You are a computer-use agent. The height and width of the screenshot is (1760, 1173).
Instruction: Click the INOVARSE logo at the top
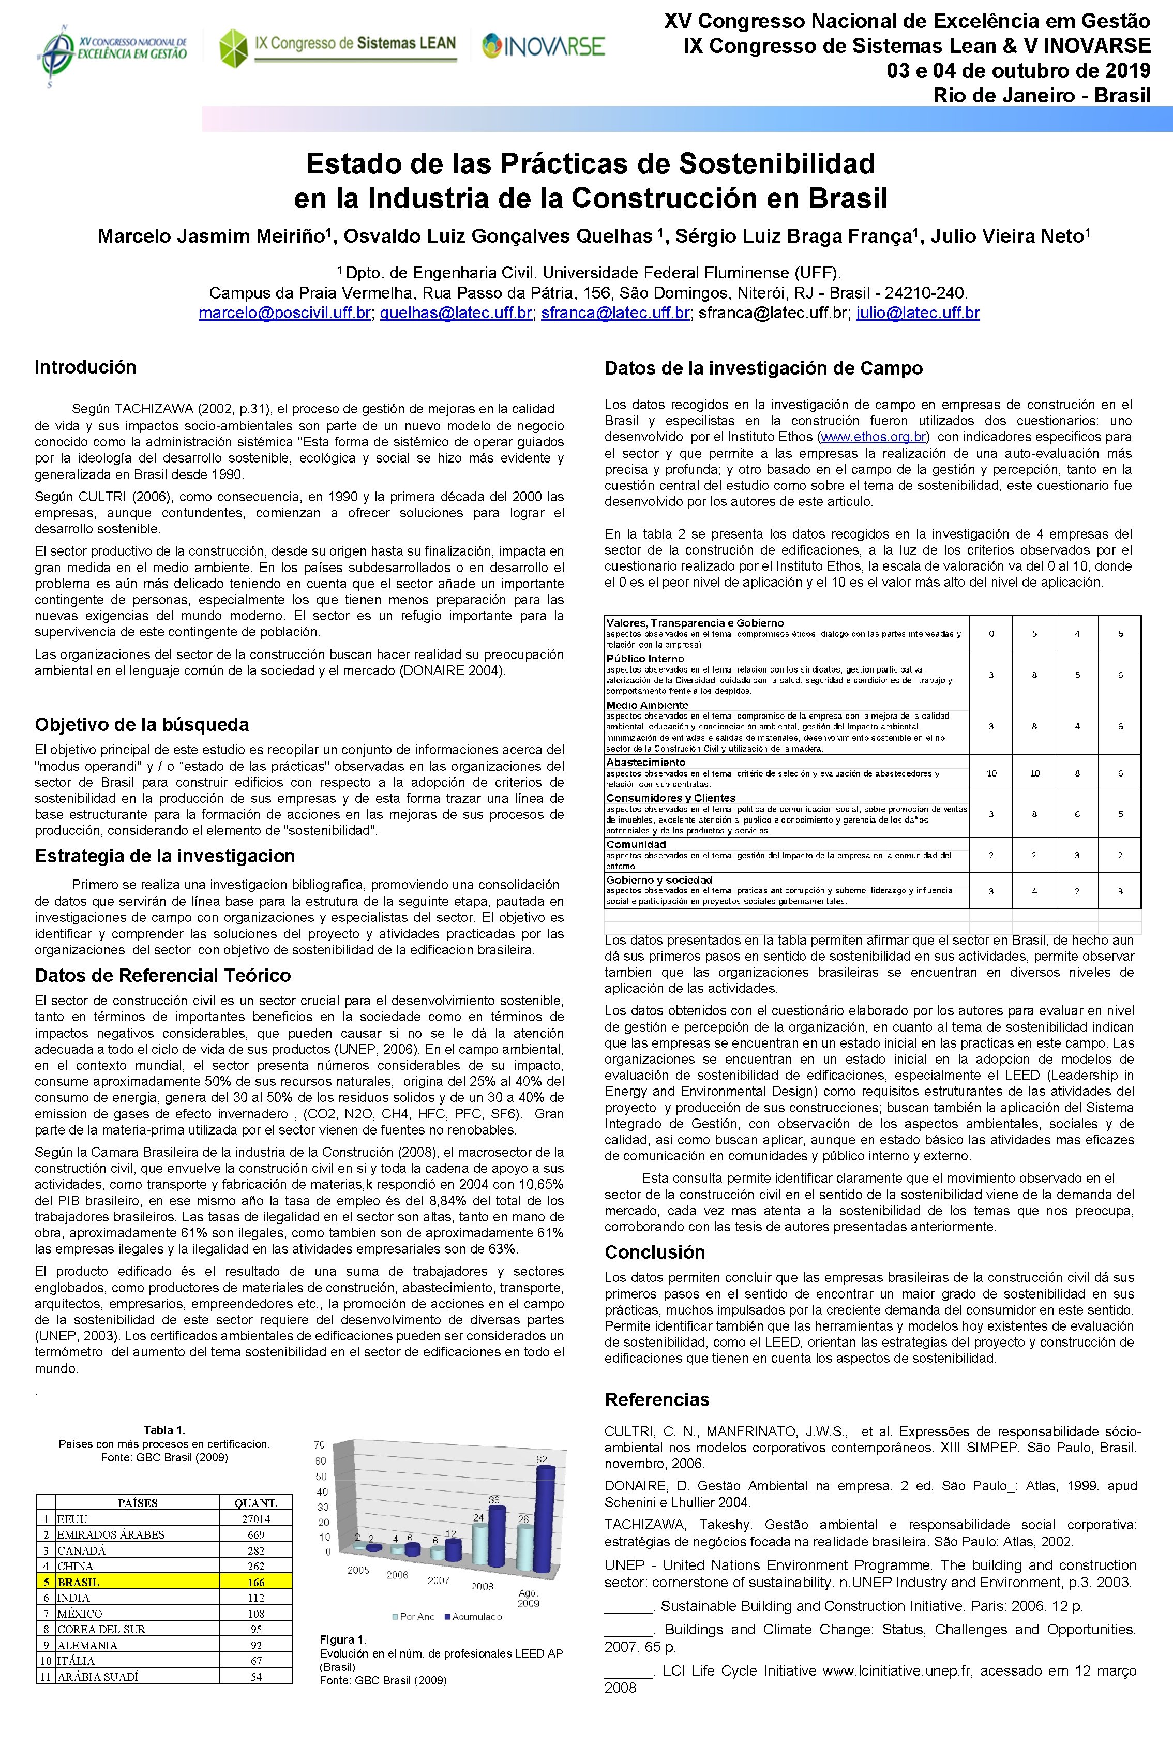(x=543, y=47)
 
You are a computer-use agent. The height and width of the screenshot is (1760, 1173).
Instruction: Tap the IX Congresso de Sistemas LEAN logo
(x=337, y=47)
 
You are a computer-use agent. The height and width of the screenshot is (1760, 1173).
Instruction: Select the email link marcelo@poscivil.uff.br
(x=284, y=314)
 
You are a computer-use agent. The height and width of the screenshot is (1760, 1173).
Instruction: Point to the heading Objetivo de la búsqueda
(x=142, y=724)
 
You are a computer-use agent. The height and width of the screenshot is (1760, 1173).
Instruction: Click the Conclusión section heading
(x=655, y=1252)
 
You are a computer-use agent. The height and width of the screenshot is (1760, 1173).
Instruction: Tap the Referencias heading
(x=657, y=1399)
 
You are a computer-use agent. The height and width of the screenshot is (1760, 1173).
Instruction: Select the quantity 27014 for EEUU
(x=256, y=1518)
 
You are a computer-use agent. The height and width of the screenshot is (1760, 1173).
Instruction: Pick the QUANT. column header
(x=256, y=1502)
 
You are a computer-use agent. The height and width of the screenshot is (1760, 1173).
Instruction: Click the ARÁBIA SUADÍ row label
(x=98, y=1677)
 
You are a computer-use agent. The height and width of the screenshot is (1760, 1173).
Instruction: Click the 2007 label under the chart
(x=439, y=1580)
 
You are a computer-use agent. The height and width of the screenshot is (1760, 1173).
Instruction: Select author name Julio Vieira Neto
(x=1011, y=236)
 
